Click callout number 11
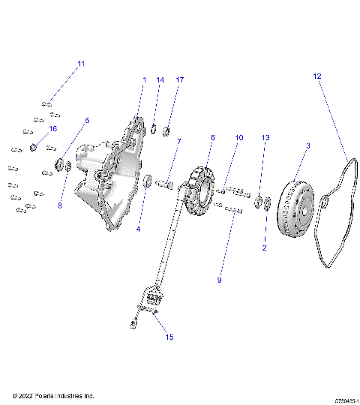[x=81, y=63]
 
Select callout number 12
[x=316, y=76]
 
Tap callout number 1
[x=144, y=79]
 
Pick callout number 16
[x=52, y=129]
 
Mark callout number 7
[x=178, y=141]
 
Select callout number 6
[x=212, y=138]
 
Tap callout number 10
[x=239, y=138]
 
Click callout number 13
[x=265, y=138]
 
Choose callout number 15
[x=169, y=337]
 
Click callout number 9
[x=219, y=280]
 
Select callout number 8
[x=61, y=204]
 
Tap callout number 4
[x=138, y=229]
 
